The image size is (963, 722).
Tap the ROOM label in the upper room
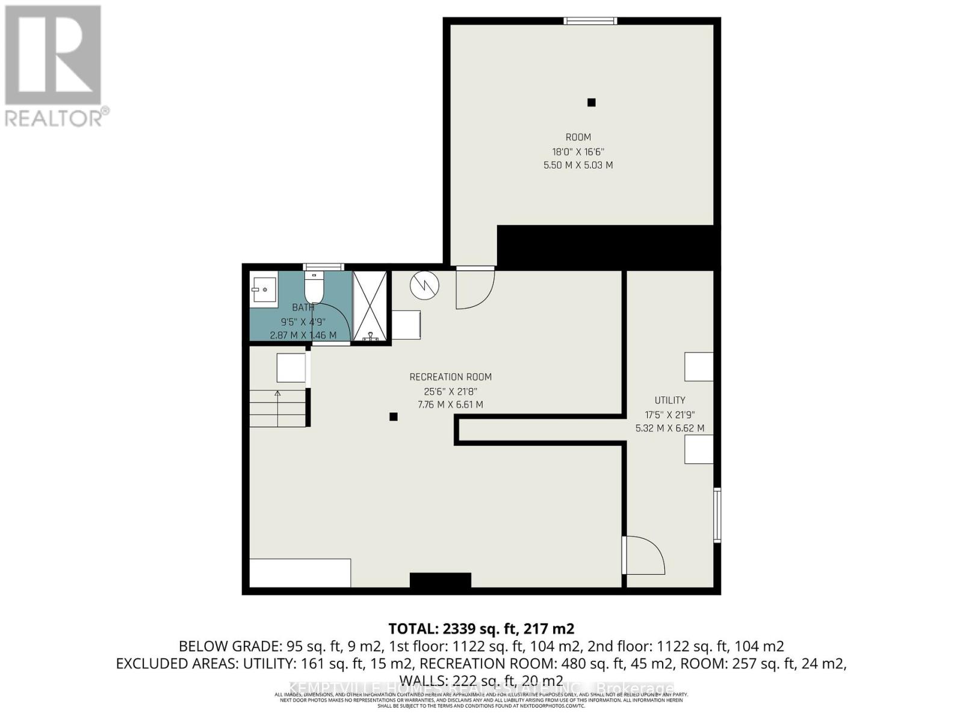578,137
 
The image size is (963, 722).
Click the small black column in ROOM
591,102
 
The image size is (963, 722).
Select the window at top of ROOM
590,21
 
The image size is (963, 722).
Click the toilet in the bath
314,288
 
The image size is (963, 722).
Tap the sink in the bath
264,289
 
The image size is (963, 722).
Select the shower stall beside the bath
370,306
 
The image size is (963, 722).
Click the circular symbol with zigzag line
425,285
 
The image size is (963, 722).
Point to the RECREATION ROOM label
450,377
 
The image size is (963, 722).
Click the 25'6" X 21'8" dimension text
450,391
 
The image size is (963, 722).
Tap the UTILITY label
670,400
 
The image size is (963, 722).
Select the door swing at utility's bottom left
644,555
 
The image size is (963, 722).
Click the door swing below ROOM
475,287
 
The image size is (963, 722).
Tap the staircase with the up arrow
277,408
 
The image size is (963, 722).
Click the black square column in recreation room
393,416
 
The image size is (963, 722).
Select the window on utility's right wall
717,515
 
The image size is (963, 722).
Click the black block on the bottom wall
440,580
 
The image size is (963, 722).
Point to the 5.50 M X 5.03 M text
578,165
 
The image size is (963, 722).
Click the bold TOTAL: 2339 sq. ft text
481,629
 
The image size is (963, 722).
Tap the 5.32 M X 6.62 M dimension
670,428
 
